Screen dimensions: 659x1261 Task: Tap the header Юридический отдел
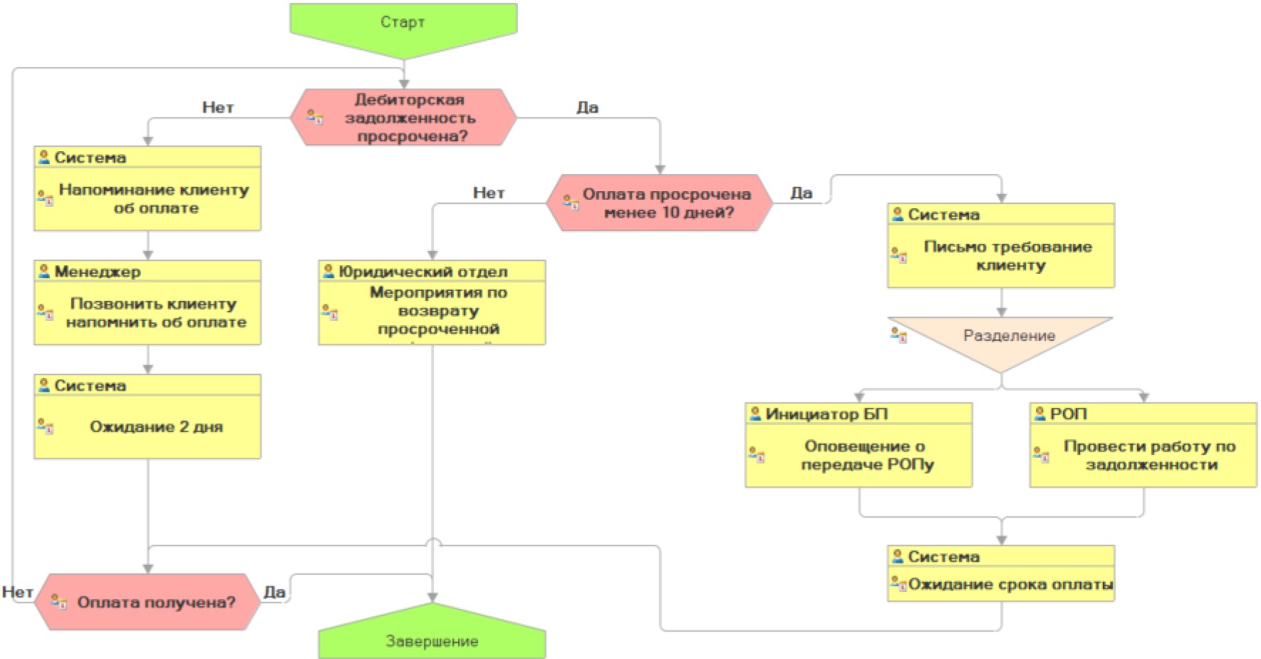point(423,272)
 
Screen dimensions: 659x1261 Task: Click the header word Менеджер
point(98,272)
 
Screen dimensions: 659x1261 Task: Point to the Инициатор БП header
point(826,414)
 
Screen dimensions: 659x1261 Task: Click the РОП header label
point(1069,414)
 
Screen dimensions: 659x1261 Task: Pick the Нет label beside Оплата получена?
point(17,592)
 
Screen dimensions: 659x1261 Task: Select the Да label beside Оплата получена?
point(274,592)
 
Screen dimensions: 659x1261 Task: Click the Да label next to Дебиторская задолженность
point(587,108)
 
